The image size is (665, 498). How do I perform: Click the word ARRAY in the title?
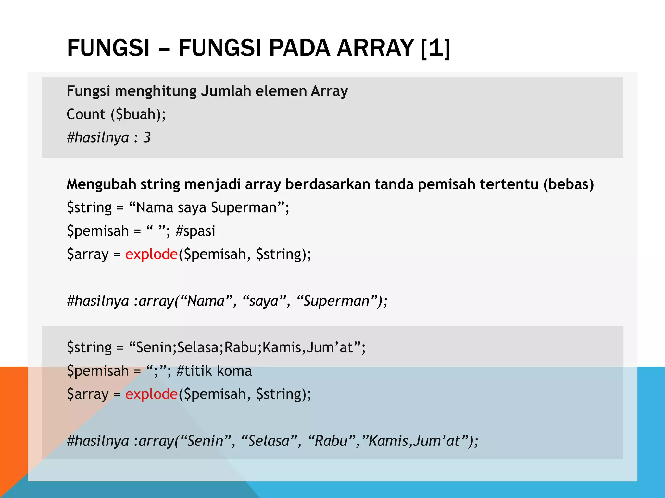[x=375, y=48]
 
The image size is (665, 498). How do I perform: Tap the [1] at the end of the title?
[x=435, y=48]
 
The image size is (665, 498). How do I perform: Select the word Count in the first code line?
[x=86, y=114]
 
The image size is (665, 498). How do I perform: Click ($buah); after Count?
[x=138, y=114]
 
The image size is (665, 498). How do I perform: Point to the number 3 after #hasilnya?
[x=147, y=138]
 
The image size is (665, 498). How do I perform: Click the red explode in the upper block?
[x=151, y=254]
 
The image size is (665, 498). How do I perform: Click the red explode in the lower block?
[x=151, y=394]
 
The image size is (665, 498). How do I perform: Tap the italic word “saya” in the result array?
[x=264, y=301]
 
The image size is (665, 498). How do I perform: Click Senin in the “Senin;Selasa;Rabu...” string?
[x=154, y=348]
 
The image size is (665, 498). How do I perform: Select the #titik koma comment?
[x=214, y=371]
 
